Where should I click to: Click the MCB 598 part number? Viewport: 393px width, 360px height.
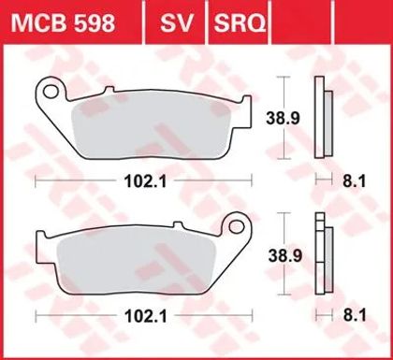[63, 23]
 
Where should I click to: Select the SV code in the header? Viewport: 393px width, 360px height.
[176, 23]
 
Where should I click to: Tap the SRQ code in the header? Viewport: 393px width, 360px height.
[240, 23]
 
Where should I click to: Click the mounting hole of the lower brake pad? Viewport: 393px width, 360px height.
[236, 226]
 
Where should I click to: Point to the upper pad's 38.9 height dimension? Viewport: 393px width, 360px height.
[283, 118]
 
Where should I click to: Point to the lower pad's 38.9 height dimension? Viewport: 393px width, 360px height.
[285, 256]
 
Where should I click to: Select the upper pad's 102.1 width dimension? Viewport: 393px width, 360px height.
[146, 181]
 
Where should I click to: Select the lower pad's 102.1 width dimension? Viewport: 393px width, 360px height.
[146, 316]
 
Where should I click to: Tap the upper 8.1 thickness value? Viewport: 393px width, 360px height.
[355, 181]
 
